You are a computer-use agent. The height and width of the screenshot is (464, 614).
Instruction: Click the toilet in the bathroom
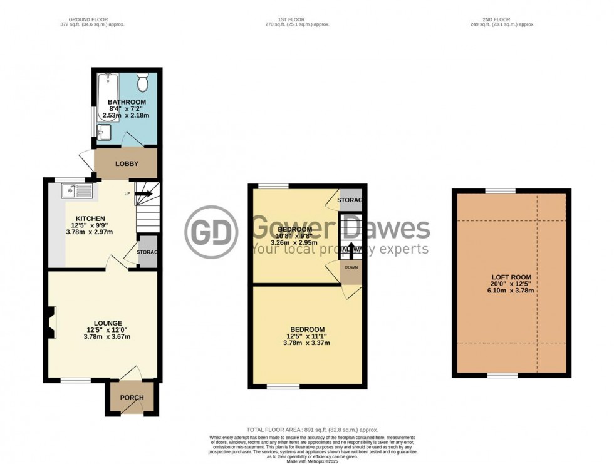click(142, 82)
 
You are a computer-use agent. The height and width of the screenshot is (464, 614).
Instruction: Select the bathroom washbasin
click(104, 131)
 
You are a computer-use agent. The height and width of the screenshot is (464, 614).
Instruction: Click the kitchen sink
click(77, 189)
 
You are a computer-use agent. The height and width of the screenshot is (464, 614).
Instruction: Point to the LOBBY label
click(126, 163)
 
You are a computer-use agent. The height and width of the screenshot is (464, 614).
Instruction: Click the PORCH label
click(132, 398)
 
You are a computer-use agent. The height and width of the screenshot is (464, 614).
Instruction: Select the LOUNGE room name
click(108, 323)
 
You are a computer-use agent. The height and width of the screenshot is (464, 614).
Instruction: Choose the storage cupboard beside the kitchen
click(147, 252)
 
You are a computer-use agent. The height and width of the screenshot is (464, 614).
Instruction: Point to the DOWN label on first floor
click(350, 267)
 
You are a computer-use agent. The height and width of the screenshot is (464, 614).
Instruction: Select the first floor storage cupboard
click(350, 200)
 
